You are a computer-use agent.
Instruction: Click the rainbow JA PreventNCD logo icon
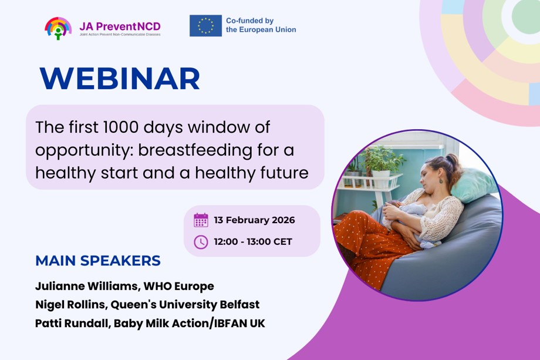coord(58,28)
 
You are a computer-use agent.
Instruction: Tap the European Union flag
coord(205,25)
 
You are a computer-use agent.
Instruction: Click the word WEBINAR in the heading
coord(120,78)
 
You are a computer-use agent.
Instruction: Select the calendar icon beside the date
coord(201,220)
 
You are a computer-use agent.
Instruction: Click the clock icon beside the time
coord(201,242)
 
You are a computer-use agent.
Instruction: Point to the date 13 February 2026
coord(254,220)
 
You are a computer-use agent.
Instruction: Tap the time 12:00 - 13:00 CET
coord(253,242)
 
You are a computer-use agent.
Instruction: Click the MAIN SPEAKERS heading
coord(98,261)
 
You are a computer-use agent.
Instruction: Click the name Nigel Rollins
coord(70,305)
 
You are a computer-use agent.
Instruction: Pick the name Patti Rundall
coord(72,323)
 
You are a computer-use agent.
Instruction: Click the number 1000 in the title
coord(121,127)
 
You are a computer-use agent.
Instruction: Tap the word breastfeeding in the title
coord(195,150)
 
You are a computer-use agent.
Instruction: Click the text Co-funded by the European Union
coord(261,25)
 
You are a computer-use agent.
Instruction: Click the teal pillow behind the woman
coord(475,184)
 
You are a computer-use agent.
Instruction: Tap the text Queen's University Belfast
coord(185,305)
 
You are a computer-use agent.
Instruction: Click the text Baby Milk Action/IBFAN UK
coord(190,323)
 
